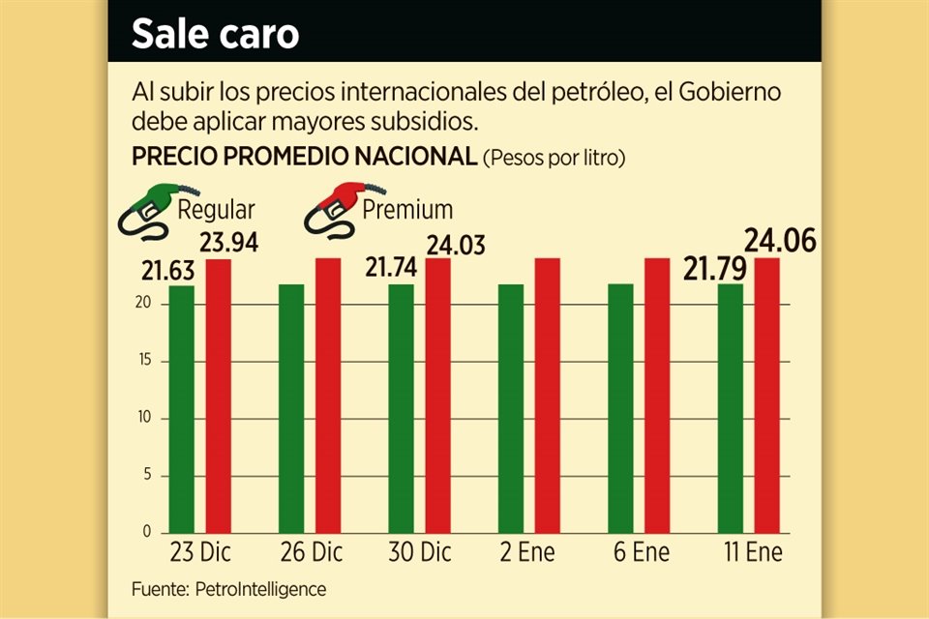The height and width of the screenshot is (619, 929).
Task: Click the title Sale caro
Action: (x=215, y=34)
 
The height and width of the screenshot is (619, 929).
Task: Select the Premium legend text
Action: (x=407, y=208)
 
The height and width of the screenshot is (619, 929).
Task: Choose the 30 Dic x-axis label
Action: (x=419, y=554)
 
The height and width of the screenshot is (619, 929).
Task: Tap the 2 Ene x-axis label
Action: (x=528, y=554)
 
